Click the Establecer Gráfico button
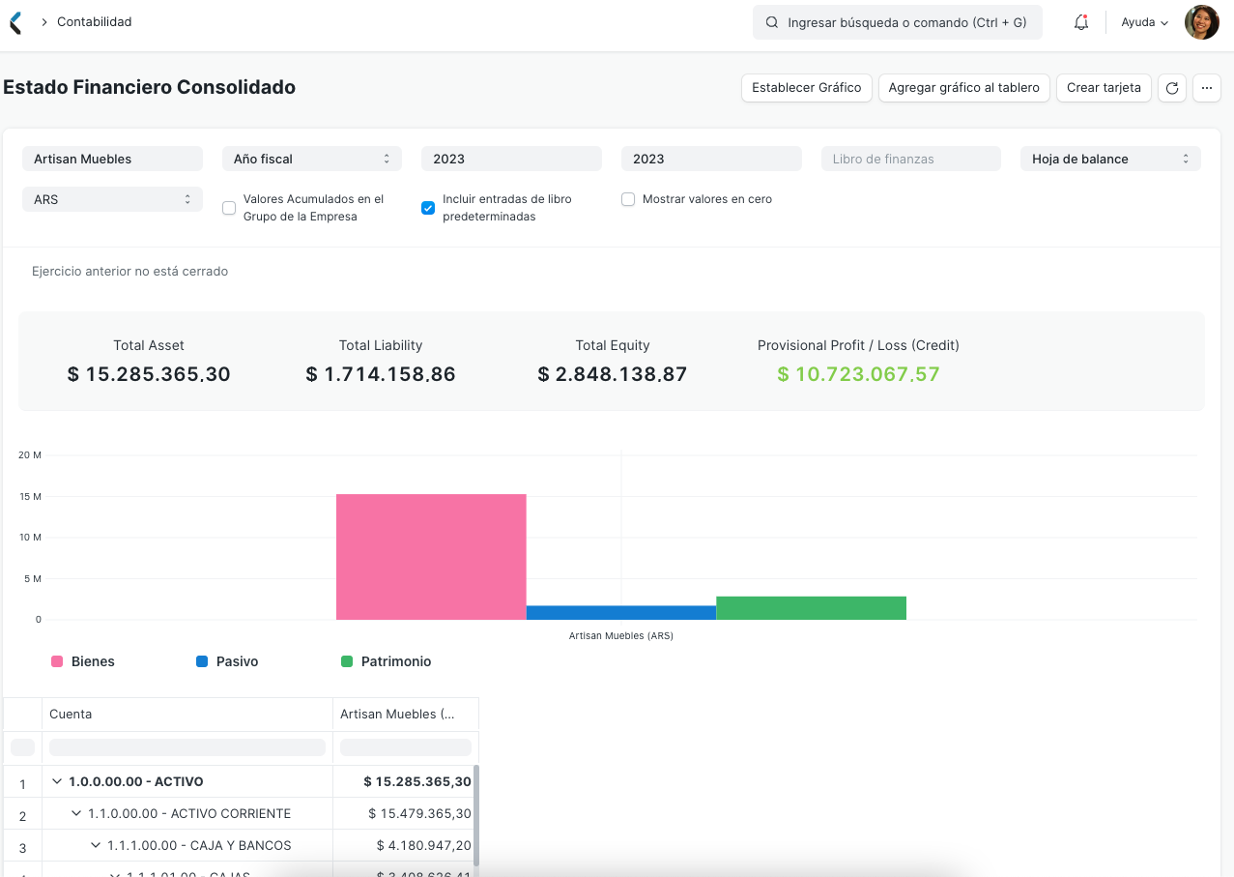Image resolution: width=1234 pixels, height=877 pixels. point(806,88)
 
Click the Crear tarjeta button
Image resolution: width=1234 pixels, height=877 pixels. point(1104,88)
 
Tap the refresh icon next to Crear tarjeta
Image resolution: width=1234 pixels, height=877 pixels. point(1172,88)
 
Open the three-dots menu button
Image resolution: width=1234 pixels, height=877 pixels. point(1206,88)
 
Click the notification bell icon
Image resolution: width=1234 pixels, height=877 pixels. point(1081,22)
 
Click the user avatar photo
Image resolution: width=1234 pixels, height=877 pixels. point(1201,22)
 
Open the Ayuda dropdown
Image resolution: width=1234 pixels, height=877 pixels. point(1144,22)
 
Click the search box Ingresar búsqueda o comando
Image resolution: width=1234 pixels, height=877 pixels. point(897,22)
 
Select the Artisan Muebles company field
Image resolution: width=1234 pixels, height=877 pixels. point(112,159)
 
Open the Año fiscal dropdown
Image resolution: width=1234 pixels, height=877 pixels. point(311,159)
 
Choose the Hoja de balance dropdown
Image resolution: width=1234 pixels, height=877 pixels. point(1109,159)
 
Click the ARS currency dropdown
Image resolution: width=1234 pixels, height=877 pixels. point(112,199)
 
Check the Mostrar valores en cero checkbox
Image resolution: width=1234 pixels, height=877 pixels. point(628,199)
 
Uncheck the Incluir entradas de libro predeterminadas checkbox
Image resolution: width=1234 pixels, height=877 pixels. point(428,208)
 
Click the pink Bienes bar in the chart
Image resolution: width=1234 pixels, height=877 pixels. point(431,557)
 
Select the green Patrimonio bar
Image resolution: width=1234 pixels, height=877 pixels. point(811,608)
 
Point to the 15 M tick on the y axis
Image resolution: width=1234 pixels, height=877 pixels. point(30,496)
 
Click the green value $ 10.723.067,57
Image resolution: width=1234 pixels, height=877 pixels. point(858,374)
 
